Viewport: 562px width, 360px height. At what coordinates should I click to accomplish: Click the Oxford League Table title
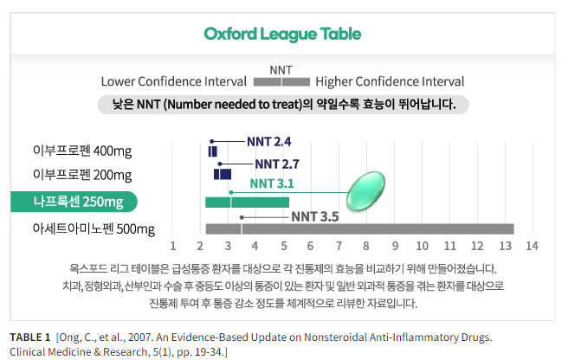(282, 35)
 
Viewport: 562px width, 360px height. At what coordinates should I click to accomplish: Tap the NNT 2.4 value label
(268, 141)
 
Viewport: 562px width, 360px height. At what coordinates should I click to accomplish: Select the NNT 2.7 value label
(277, 164)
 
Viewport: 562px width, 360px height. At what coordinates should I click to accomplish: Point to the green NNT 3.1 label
(272, 183)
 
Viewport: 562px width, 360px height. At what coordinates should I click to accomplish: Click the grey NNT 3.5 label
(314, 216)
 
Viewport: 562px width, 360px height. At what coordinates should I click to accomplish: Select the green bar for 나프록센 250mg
(247, 202)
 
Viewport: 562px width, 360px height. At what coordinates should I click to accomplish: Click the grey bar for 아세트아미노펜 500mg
(359, 229)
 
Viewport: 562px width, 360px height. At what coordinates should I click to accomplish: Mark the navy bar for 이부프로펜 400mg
(213, 151)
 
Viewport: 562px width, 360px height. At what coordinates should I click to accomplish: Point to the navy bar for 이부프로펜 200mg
(223, 174)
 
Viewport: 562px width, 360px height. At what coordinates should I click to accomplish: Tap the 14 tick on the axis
(532, 246)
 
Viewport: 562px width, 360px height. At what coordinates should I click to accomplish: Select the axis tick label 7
(339, 246)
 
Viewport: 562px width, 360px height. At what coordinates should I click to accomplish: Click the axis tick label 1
(173, 246)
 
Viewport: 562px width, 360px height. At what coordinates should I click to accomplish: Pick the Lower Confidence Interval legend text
(172, 82)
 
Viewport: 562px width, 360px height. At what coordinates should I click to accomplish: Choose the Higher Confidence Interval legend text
(390, 82)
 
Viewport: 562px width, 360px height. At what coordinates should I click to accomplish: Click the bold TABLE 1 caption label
(30, 336)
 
